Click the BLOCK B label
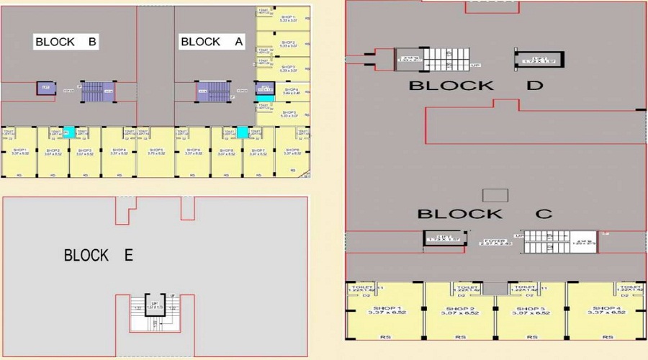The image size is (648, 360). pos(66,42)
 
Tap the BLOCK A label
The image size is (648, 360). pos(212,42)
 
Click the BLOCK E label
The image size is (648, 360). pos(99,255)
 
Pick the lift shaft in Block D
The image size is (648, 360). pos(538,61)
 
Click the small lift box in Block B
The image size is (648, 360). pos(46,89)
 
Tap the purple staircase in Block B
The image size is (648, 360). pos(93,91)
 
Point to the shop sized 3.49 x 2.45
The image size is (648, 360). pos(291,91)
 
